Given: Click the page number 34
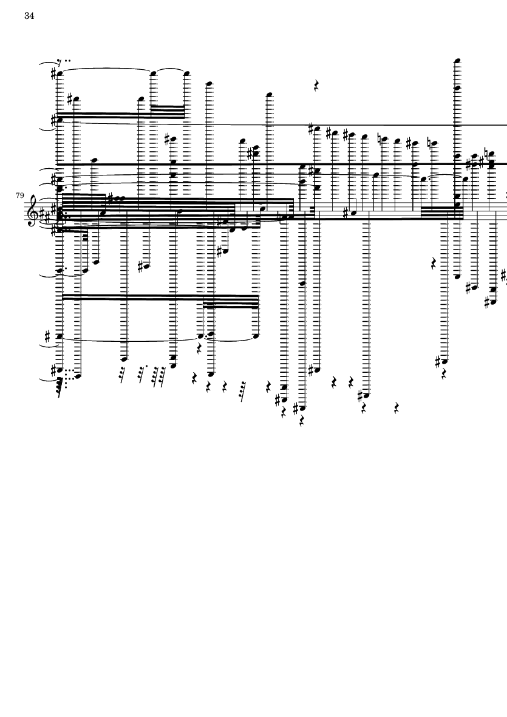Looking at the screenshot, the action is (x=29, y=16).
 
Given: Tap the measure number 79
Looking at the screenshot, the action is (x=19, y=195).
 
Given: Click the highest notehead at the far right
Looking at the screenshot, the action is (x=457, y=61).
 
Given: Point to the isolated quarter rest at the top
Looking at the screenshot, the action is (x=316, y=86).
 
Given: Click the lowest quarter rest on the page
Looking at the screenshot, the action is (x=301, y=421).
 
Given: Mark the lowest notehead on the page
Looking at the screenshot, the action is (x=302, y=408).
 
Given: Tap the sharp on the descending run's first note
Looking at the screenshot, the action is (x=311, y=129).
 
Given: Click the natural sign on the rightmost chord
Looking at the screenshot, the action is (x=486, y=154).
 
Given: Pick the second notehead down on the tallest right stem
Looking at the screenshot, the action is (x=457, y=88).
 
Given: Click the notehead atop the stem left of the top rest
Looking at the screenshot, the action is (x=269, y=95).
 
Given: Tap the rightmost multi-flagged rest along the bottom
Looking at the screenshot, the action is (x=242, y=391).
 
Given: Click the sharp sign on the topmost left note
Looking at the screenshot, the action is (x=54, y=73).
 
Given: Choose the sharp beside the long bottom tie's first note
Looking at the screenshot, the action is (x=47, y=337).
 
